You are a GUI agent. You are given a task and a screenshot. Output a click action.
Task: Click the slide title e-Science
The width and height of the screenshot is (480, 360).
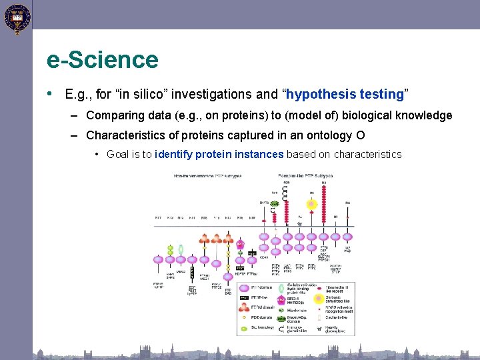pos(103,60)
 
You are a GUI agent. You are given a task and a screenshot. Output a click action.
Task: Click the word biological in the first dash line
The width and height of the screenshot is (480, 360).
pos(366,115)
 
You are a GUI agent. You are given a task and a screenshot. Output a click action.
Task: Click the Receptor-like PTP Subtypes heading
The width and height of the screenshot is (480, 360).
pos(305,176)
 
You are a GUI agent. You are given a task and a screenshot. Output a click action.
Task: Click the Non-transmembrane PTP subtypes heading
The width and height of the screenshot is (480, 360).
pos(208,176)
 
